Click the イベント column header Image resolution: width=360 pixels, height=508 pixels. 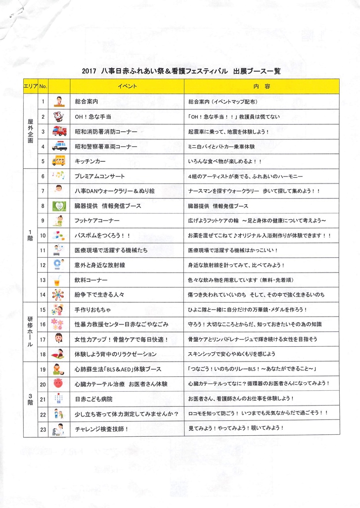[x=127, y=86]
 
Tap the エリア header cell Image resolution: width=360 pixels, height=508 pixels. [x=29, y=86]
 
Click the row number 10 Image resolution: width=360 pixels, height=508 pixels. [x=43, y=235]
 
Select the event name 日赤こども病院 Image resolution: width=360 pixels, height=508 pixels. [x=93, y=398]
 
